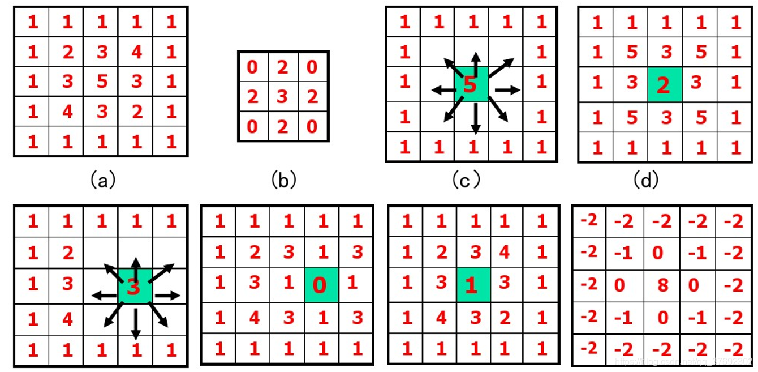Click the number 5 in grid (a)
[x=102, y=82]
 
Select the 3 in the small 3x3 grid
[x=282, y=97]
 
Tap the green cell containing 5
[x=471, y=84]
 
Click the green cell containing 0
[x=320, y=285]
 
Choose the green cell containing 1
[x=472, y=285]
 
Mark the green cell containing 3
[x=134, y=287]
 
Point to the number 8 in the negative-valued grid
[x=663, y=284]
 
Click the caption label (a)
[x=102, y=180]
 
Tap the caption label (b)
[x=283, y=180]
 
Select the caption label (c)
[x=467, y=180]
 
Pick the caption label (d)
[x=645, y=180]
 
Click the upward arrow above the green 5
[x=476, y=59]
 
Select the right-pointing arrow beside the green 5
[x=507, y=89]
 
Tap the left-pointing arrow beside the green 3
[x=104, y=295]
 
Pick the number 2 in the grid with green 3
[x=67, y=253]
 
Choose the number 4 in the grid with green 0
[x=254, y=318]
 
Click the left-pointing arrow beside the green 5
[x=443, y=89]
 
